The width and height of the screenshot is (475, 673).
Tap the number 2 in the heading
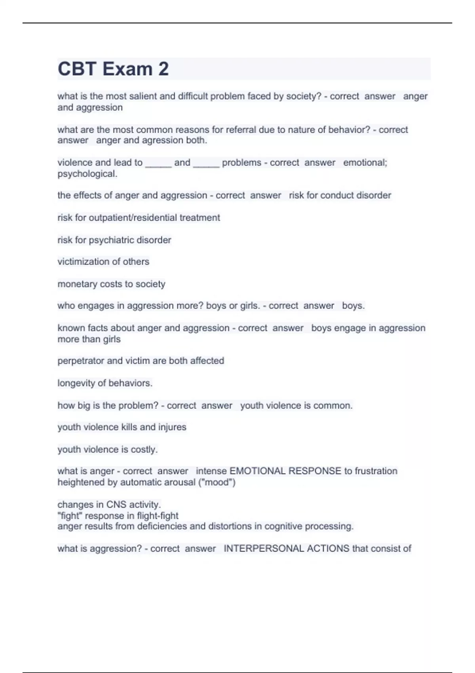click(x=163, y=69)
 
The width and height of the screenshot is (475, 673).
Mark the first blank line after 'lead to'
click(x=158, y=163)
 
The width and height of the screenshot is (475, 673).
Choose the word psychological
click(x=87, y=174)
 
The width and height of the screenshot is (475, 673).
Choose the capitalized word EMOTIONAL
click(x=257, y=471)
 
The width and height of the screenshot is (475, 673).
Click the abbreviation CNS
click(x=116, y=505)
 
